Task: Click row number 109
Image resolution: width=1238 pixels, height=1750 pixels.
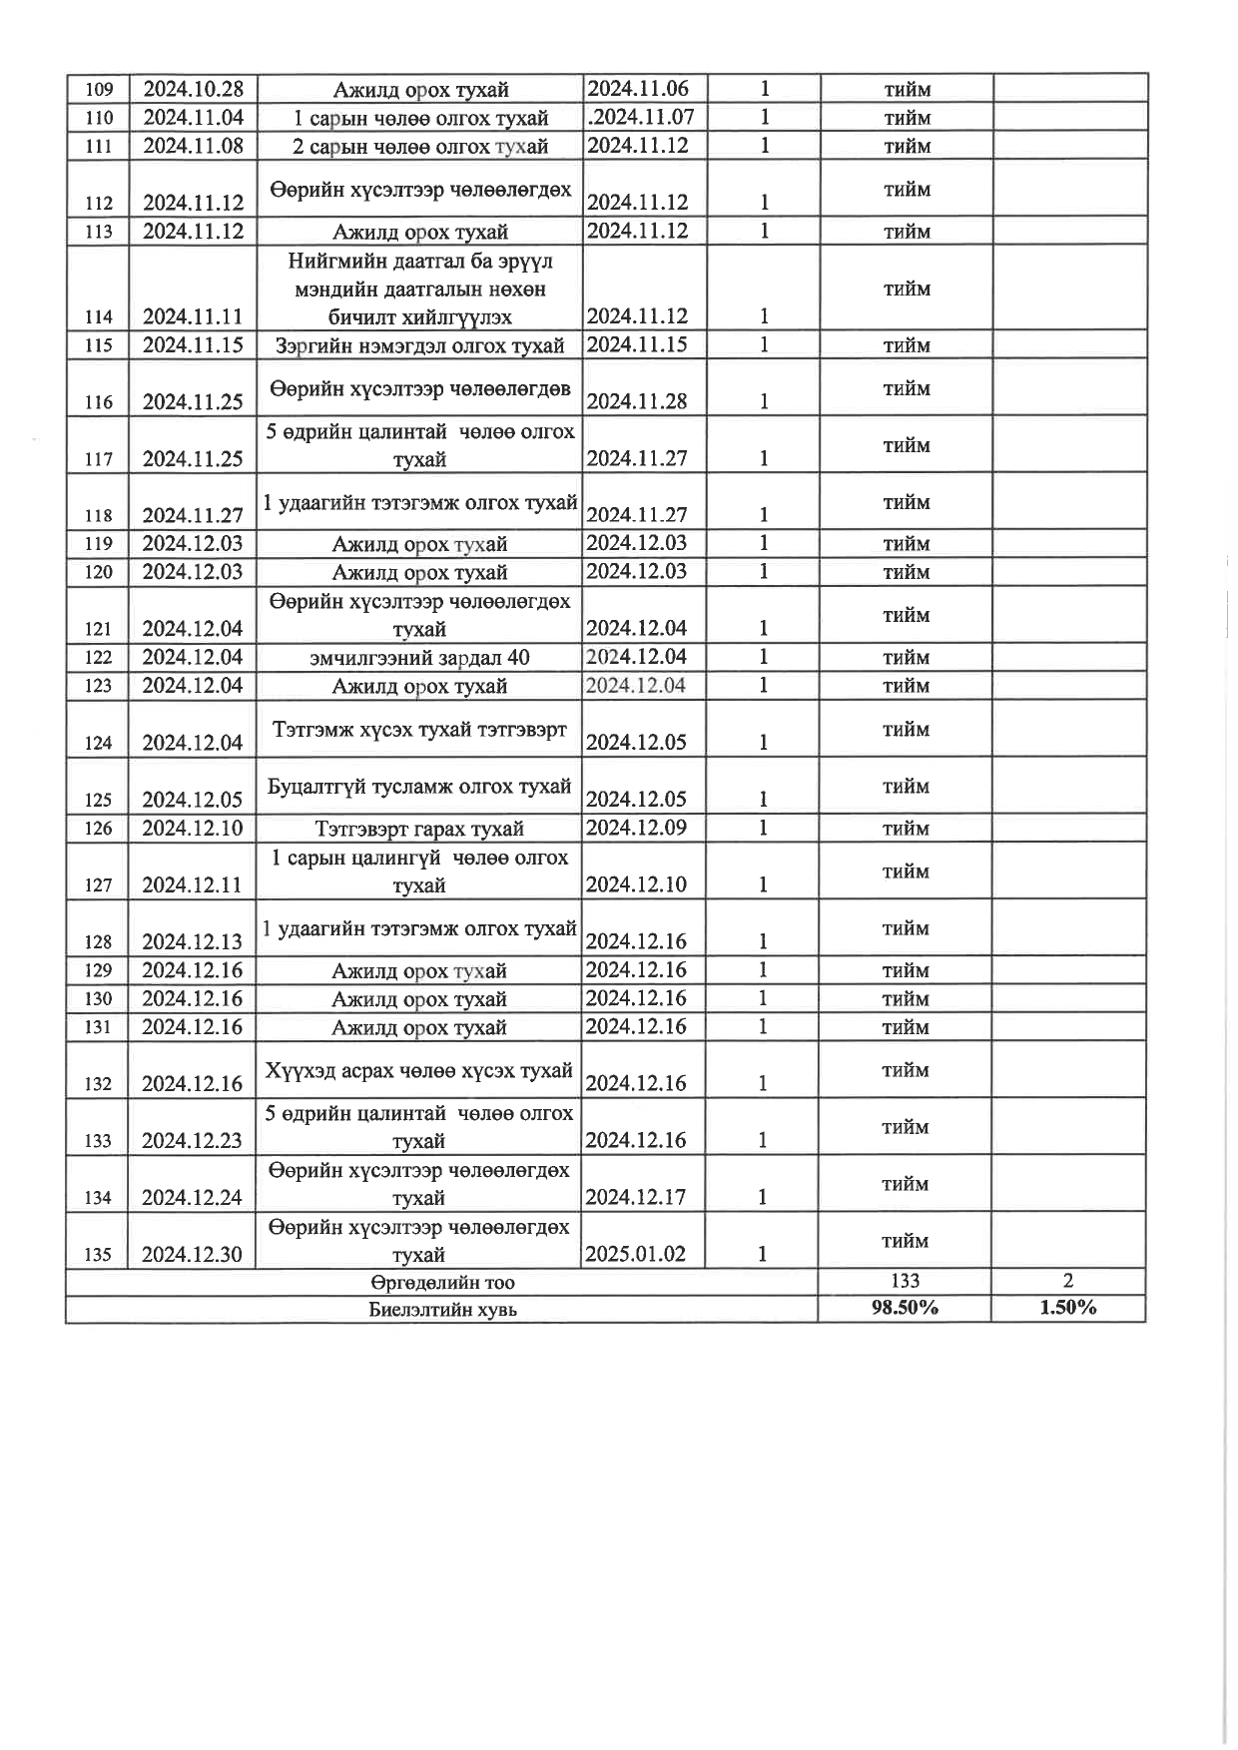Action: point(98,90)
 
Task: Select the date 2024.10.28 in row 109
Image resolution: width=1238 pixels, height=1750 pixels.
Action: point(193,89)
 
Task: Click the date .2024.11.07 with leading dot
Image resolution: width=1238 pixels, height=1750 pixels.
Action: point(641,117)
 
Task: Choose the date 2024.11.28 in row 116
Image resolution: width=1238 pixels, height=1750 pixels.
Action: point(637,401)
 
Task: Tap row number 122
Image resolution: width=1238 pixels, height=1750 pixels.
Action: point(98,658)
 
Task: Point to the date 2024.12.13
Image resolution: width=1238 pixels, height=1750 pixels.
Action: point(193,942)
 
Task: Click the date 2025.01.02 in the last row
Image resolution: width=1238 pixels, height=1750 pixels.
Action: point(636,1254)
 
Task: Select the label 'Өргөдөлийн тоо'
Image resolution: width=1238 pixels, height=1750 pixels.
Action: point(442,1282)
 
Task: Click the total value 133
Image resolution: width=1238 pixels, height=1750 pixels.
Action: point(905,1281)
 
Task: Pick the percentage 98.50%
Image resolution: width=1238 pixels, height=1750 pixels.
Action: point(905,1308)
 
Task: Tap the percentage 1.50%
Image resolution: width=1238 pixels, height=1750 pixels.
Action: point(1068,1308)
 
